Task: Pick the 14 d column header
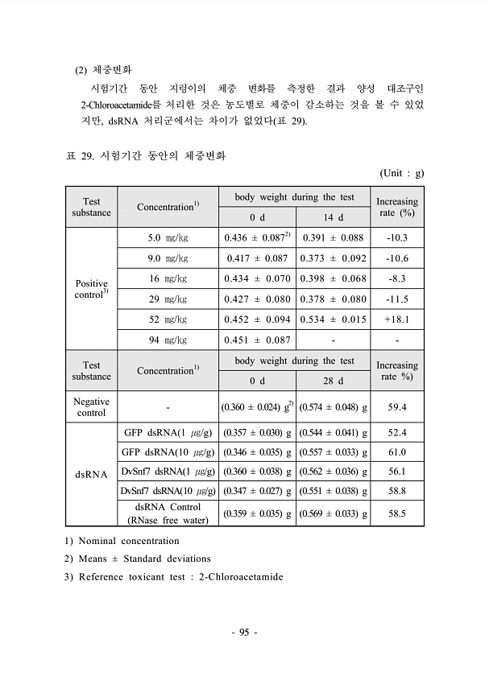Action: (x=333, y=217)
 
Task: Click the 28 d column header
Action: (x=333, y=381)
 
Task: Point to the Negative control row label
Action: (x=91, y=407)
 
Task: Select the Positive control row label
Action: (x=91, y=290)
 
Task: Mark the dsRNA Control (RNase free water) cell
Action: (x=168, y=513)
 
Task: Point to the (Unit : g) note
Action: (x=400, y=173)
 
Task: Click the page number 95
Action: (x=244, y=633)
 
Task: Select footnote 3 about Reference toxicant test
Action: (x=174, y=577)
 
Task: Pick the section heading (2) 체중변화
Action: (x=108, y=70)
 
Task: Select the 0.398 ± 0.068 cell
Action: (x=333, y=279)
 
